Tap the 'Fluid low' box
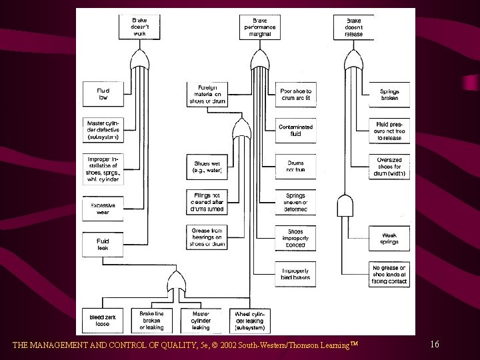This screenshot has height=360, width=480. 101,94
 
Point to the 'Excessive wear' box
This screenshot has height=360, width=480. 101,209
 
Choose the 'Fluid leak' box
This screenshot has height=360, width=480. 101,244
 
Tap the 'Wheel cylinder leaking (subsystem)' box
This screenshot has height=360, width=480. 250,320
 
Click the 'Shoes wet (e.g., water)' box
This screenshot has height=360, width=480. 207,167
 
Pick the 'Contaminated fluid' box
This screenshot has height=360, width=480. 295,130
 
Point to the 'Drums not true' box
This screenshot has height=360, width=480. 295,167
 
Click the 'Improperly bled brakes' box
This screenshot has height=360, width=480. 295,273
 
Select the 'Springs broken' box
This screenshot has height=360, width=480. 389,94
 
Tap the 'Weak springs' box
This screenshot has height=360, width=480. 389,238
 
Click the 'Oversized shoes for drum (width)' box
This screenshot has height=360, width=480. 389,167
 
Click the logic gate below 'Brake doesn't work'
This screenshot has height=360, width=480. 140,64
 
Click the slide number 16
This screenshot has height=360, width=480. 435,344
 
